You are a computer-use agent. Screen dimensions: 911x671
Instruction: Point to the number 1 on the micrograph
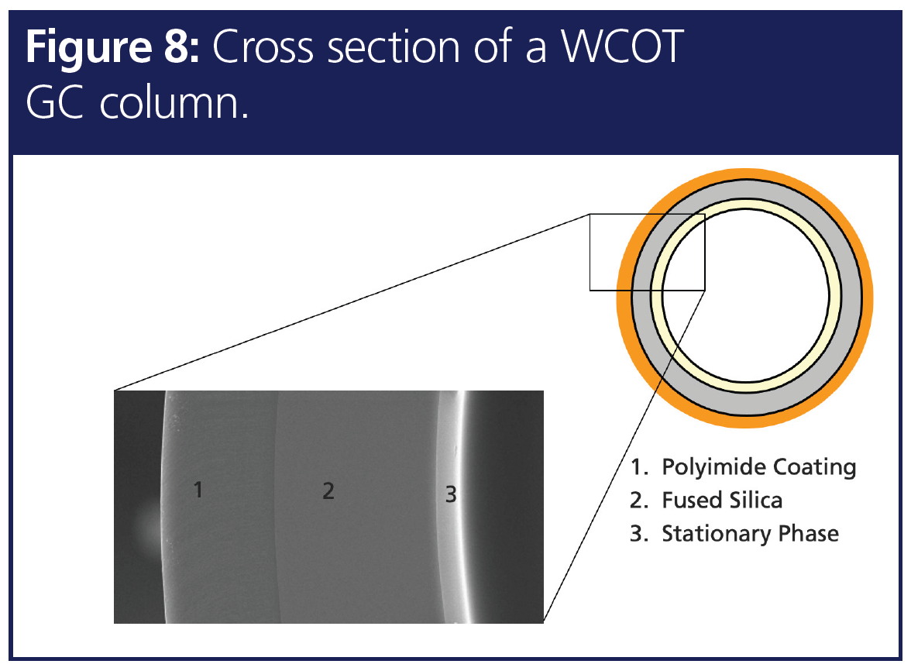198,490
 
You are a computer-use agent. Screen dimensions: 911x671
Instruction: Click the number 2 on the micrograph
328,490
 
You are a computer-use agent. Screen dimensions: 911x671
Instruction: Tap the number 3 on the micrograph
451,493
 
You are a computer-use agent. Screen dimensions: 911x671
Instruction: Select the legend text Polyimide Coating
758,467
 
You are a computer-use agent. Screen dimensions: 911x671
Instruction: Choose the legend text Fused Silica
722,501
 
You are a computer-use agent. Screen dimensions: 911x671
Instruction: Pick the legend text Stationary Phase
750,534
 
